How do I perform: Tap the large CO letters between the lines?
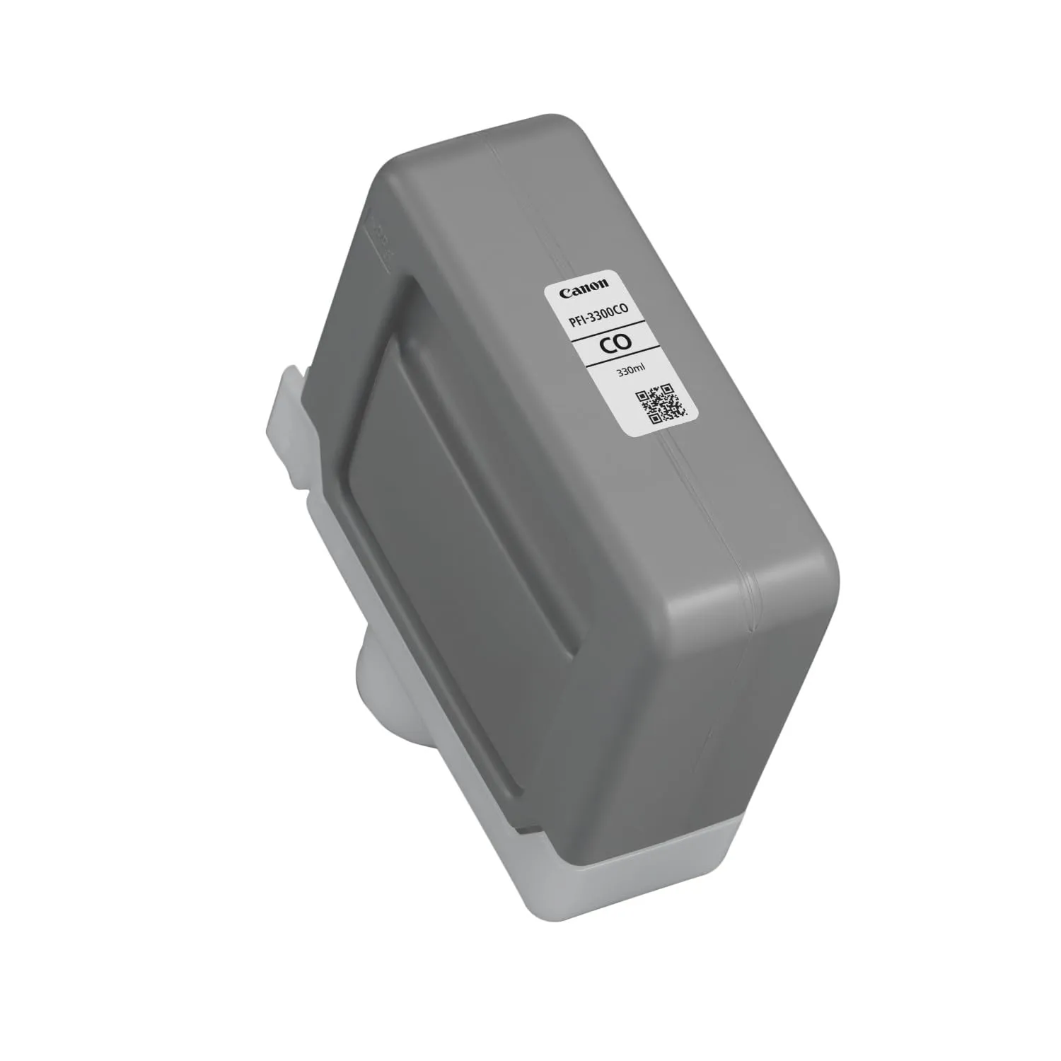point(612,343)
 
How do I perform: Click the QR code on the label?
point(662,404)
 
